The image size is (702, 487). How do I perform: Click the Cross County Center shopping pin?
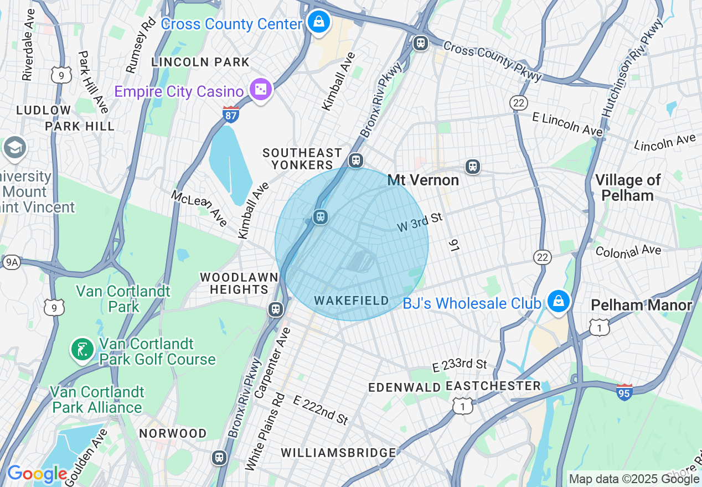[319, 23]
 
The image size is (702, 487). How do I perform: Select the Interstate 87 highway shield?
[231, 115]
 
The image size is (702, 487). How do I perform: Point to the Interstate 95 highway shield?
[624, 392]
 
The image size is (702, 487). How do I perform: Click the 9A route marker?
[11, 262]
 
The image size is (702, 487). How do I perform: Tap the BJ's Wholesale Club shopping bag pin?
[559, 302]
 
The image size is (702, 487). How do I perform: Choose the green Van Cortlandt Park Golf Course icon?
[82, 350]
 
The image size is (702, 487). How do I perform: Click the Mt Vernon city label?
[423, 180]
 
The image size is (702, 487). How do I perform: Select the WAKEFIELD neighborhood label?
[352, 301]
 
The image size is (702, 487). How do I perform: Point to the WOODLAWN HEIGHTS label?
[239, 283]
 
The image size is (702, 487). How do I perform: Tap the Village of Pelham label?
[627, 188]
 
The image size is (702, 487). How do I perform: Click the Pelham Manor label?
[641, 305]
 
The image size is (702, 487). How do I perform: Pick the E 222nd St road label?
[321, 410]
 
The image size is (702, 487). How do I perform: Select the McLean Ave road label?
[199, 208]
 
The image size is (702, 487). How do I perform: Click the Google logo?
[37, 474]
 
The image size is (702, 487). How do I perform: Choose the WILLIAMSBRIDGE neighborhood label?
[338, 452]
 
